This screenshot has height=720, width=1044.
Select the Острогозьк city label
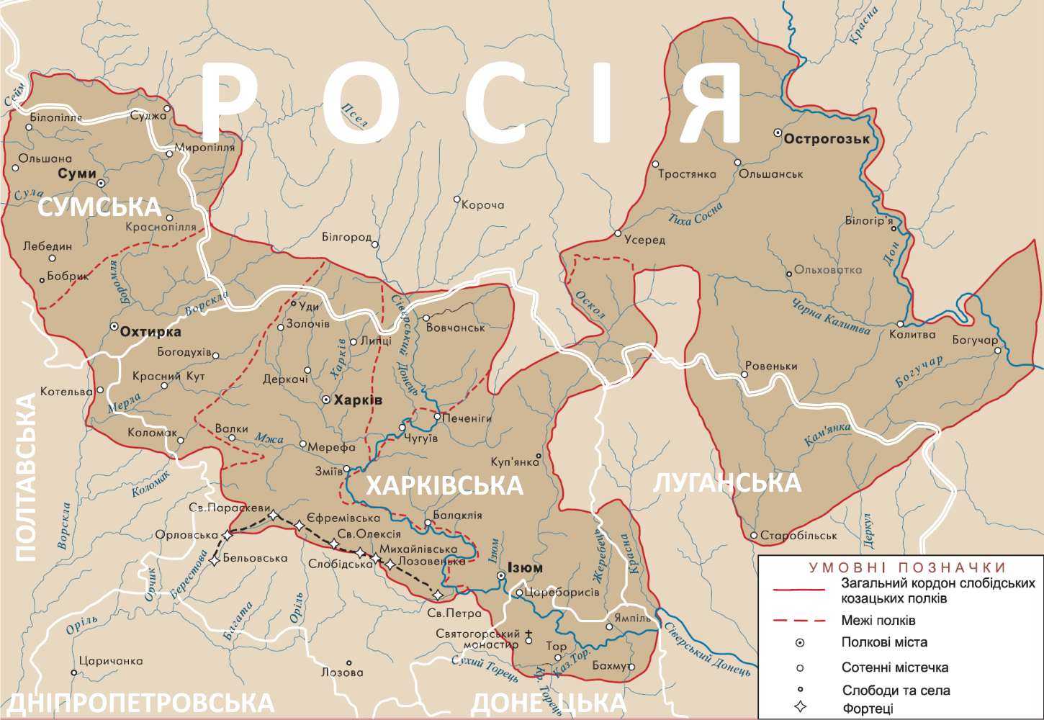pyautogui.click(x=827, y=139)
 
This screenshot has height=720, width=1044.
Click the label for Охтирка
pyautogui.click(x=150, y=332)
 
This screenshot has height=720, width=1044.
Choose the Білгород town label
pyautogui.click(x=346, y=237)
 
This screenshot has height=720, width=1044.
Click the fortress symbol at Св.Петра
pyautogui.click(x=438, y=594)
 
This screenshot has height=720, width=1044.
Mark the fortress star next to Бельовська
pyautogui.click(x=215, y=560)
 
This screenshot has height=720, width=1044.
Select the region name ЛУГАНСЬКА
pyautogui.click(x=727, y=482)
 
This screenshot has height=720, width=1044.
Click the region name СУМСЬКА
pyautogui.click(x=99, y=207)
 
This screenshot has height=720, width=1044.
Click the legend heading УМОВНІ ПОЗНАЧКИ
pyautogui.click(x=906, y=567)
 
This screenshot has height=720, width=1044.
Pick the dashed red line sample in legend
pyautogui.click(x=799, y=620)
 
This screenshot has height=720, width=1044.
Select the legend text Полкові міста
pyautogui.click(x=883, y=642)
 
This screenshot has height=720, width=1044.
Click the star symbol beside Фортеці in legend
pyautogui.click(x=799, y=708)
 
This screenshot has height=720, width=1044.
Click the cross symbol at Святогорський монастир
pyautogui.click(x=529, y=635)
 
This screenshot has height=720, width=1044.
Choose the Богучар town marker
pyautogui.click(x=998, y=351)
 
